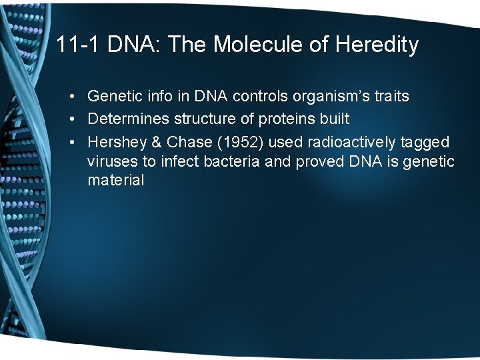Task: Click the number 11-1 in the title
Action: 76,45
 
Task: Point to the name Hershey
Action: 114,142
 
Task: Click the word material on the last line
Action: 115,180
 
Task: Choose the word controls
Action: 259,97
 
